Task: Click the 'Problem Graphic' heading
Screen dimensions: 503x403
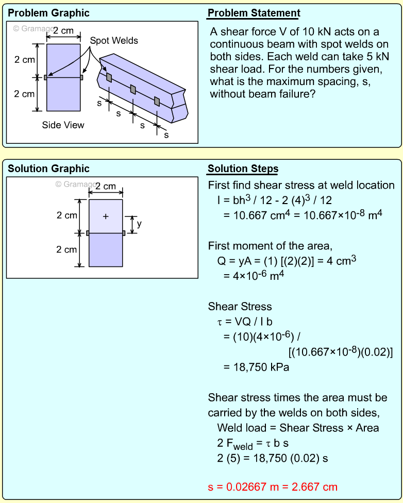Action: tap(48, 13)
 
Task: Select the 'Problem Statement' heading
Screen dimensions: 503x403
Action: tap(254, 13)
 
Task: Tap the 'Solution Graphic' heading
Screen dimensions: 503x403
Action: tap(48, 169)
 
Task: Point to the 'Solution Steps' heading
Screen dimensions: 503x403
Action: tap(243, 169)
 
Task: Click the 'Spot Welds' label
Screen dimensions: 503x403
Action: tap(114, 40)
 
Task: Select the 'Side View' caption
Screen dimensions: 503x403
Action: tap(63, 125)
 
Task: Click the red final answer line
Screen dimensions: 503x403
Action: tap(273, 487)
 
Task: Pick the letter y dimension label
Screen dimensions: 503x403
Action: tap(139, 224)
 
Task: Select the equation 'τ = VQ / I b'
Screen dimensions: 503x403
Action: tap(245, 322)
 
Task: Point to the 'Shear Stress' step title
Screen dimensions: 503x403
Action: tap(240, 307)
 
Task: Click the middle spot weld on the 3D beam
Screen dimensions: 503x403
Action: tap(133, 89)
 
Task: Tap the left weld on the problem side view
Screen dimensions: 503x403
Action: tap(45, 78)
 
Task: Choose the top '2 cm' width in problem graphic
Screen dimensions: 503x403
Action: tap(63, 31)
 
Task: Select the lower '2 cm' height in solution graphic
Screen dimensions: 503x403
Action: tap(66, 249)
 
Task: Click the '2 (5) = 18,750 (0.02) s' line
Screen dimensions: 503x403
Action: tap(273, 457)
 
